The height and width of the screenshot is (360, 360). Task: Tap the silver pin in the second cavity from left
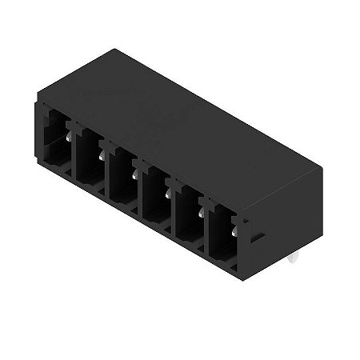point(102,155)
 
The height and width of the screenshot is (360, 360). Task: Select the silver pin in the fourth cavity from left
point(168,192)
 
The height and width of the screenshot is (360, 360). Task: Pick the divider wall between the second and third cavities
point(106,170)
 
